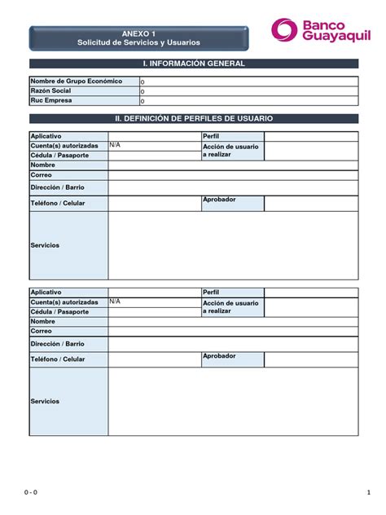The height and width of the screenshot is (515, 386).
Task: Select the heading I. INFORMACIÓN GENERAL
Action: click(193, 64)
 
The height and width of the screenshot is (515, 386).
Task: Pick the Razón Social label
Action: click(50, 91)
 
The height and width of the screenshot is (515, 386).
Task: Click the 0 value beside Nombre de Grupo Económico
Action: click(143, 82)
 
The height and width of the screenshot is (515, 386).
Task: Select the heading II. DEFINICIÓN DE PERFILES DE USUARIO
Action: click(193, 119)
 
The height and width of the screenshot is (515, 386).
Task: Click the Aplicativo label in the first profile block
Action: click(46, 135)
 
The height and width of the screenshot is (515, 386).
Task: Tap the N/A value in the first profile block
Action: click(115, 144)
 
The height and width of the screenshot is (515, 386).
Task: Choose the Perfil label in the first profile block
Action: click(211, 135)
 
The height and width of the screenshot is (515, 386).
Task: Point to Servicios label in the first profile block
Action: click(45, 245)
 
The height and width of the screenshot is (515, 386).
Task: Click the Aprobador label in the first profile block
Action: click(219, 200)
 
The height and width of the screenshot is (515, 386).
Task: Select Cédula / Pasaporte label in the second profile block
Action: click(59, 311)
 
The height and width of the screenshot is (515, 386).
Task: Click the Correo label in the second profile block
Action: click(42, 331)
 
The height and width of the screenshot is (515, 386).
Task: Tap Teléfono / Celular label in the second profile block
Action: click(58, 359)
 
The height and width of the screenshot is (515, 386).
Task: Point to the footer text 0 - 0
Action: click(31, 492)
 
